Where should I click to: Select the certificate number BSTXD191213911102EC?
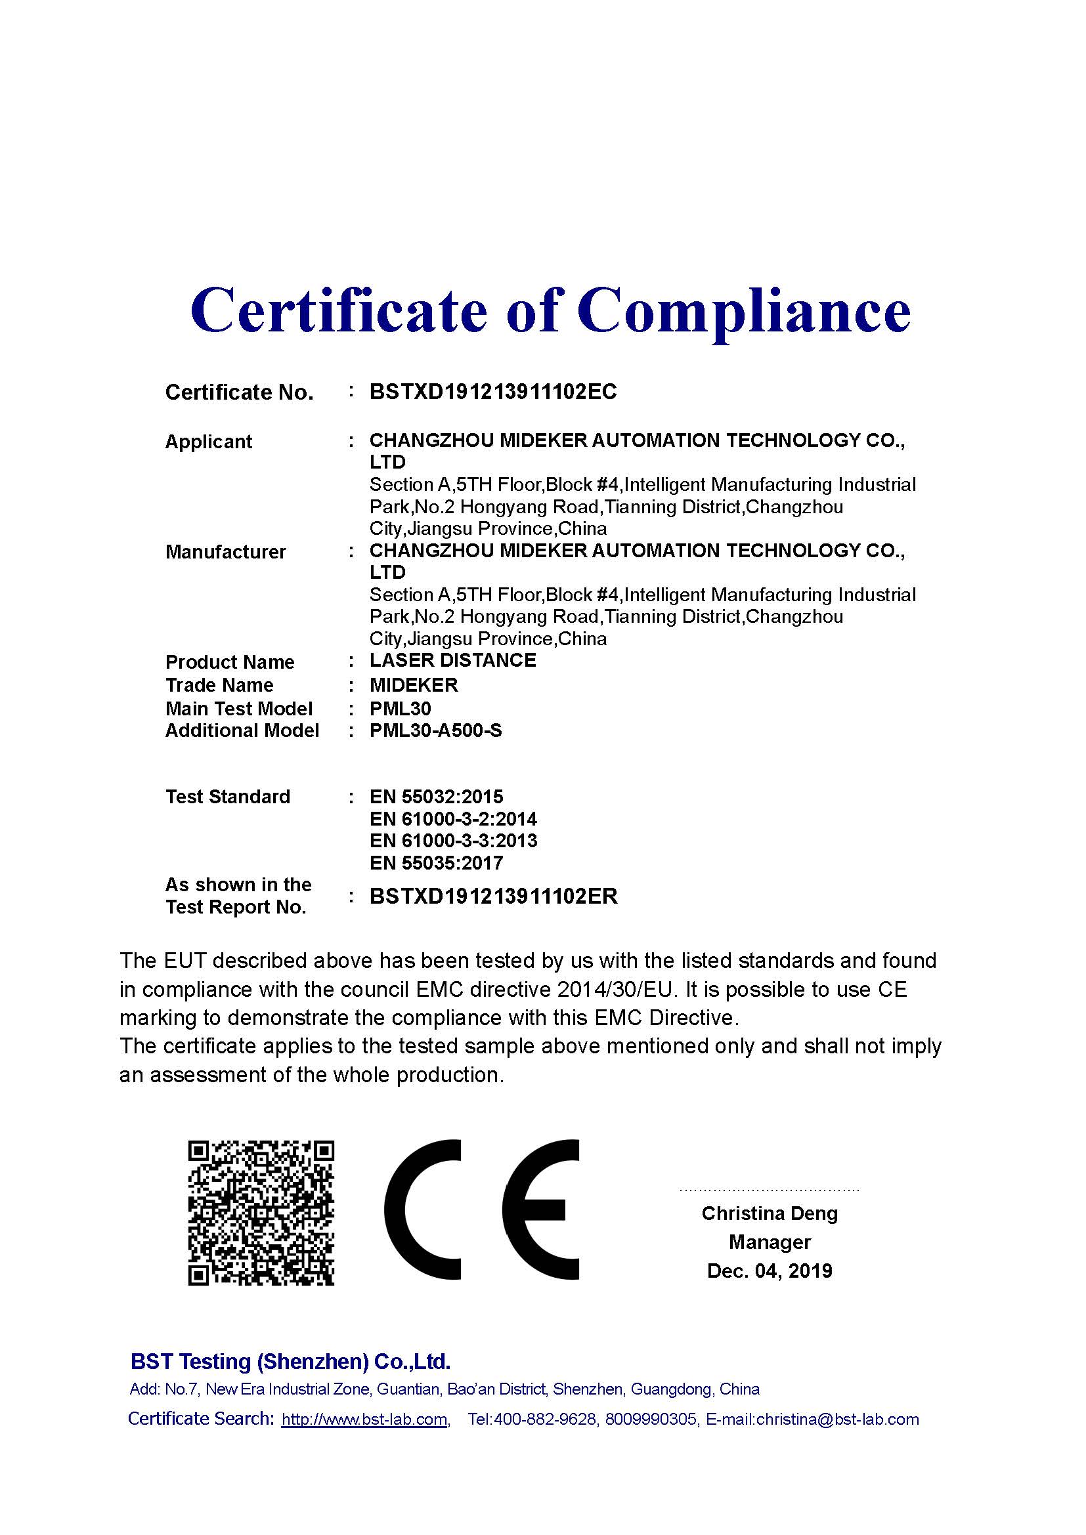(x=493, y=392)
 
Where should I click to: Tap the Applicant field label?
(x=209, y=442)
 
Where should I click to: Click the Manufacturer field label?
(x=225, y=552)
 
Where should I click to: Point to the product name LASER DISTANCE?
(x=453, y=661)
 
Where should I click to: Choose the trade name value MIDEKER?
(x=414, y=685)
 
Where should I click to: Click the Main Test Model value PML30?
(x=400, y=709)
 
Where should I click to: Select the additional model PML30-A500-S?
(x=435, y=730)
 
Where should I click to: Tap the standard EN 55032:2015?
(x=436, y=797)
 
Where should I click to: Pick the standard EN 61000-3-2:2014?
(x=453, y=819)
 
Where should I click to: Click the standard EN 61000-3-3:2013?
(x=453, y=841)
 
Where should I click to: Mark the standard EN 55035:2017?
(x=436, y=863)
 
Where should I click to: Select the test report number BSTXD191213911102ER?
(x=494, y=896)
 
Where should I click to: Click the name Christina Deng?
(x=769, y=1213)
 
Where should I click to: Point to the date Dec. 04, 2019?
(x=769, y=1271)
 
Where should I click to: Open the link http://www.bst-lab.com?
(x=364, y=1419)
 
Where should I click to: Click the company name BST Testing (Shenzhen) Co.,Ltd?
(x=290, y=1361)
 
